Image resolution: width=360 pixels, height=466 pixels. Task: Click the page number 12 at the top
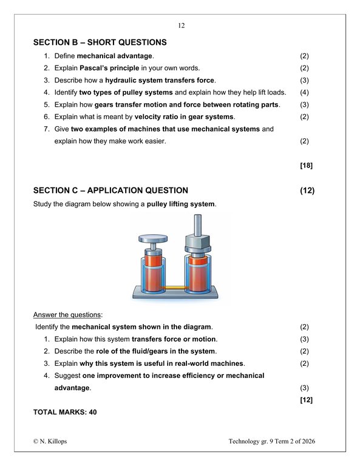pyautogui.click(x=182, y=25)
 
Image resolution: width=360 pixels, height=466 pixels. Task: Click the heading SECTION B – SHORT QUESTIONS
pyautogui.click(x=100, y=42)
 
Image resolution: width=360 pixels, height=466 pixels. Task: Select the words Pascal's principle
pyautogui.click(x=109, y=68)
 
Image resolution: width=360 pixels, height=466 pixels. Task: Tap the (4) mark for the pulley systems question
pyautogui.click(x=304, y=92)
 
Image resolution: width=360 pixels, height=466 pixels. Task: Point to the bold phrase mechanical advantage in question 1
pyautogui.click(x=115, y=56)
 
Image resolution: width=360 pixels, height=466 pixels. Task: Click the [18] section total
pyautogui.click(x=306, y=166)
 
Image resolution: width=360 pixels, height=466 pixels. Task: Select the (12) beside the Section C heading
pyautogui.click(x=307, y=190)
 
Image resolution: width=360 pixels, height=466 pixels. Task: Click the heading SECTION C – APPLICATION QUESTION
pyautogui.click(x=110, y=190)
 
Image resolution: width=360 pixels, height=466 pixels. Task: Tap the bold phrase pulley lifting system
pyautogui.click(x=180, y=204)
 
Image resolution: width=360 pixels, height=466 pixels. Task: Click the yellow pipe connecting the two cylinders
pyautogui.click(x=175, y=288)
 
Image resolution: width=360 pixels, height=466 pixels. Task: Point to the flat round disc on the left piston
pyautogui.click(x=153, y=238)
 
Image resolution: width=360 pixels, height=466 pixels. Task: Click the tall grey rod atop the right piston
pyautogui.click(x=198, y=225)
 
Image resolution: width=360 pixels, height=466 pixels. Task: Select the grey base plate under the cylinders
pyautogui.click(x=175, y=292)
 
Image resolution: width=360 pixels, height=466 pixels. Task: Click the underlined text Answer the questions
pyautogui.click(x=67, y=315)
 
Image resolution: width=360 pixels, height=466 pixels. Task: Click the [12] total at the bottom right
pyautogui.click(x=306, y=400)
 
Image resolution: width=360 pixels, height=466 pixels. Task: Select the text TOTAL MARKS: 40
pyautogui.click(x=65, y=412)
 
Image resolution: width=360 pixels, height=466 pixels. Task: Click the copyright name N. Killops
pyautogui.click(x=53, y=441)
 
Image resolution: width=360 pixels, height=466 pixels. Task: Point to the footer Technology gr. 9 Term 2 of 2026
pyautogui.click(x=272, y=441)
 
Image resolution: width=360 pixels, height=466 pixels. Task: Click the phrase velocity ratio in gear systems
pyautogui.click(x=184, y=116)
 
